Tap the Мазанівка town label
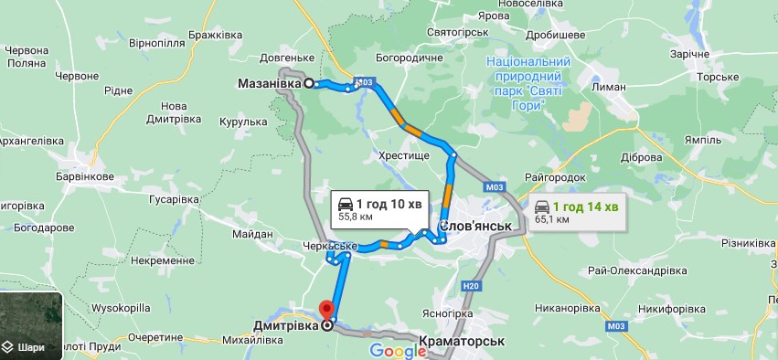[x=271, y=83]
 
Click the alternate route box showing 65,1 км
[x=576, y=213]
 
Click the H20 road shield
[x=470, y=286]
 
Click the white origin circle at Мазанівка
[x=309, y=83]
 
